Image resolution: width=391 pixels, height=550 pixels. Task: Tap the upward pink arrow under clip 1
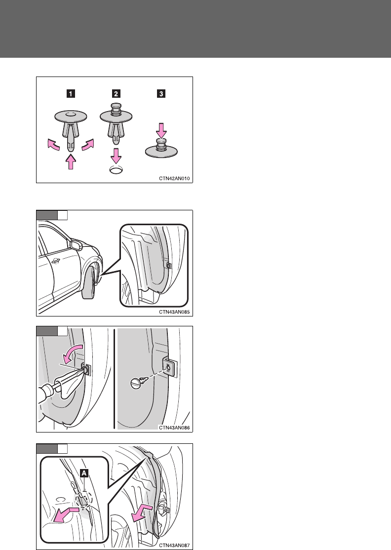[x=71, y=161]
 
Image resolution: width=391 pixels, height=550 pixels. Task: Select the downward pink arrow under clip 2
[x=116, y=156]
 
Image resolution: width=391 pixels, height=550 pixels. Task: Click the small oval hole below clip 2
[x=116, y=171]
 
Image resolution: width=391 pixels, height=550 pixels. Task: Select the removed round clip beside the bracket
[x=137, y=383]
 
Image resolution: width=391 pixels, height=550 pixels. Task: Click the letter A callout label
[x=84, y=473]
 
